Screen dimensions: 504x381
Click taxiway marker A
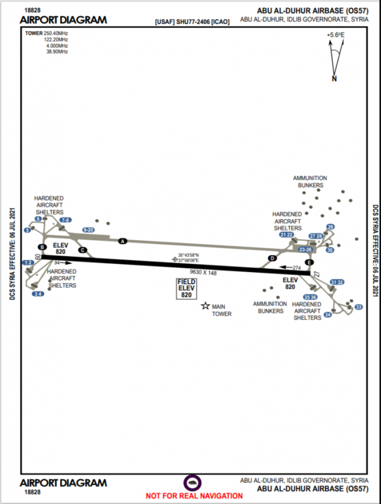pos(123,241)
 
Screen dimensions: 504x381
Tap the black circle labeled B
pos(42,247)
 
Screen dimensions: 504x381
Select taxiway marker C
pos(83,250)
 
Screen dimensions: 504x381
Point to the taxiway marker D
pos(272,258)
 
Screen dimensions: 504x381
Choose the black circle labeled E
pos(308,262)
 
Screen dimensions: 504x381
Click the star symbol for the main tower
pos(205,306)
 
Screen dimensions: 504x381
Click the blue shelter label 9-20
pos(88,230)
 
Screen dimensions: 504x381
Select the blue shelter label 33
pos(359,306)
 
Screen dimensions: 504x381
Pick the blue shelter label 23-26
pos(305,249)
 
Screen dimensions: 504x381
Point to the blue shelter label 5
pos(27,231)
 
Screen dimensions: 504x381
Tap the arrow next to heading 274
pos(286,268)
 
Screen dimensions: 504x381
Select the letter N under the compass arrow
pos(334,79)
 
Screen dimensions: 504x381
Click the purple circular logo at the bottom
pos(193,483)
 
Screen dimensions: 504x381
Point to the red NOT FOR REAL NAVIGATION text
pos(194,496)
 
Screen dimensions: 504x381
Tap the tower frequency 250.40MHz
pos(56,33)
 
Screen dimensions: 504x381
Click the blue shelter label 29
pos(330,227)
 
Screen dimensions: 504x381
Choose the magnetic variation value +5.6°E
pos(335,35)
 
